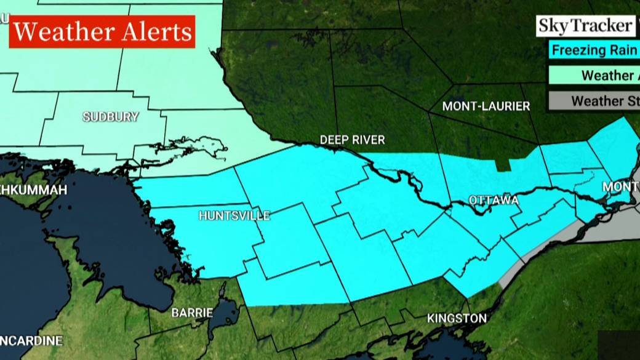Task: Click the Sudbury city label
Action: pos(111,117)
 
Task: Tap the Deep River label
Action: pos(352,140)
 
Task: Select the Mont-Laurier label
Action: pos(486,106)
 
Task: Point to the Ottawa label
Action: pos(494,201)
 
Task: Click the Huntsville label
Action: pos(234,216)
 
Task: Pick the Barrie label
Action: pos(192,313)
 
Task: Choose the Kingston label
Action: pos(457,318)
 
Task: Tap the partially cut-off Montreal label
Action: pos(620,186)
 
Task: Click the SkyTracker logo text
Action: pos(585,26)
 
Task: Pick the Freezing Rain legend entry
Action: pos(593,50)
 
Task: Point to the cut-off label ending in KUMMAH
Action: pos(33,190)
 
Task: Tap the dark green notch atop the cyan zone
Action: pos(503,164)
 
